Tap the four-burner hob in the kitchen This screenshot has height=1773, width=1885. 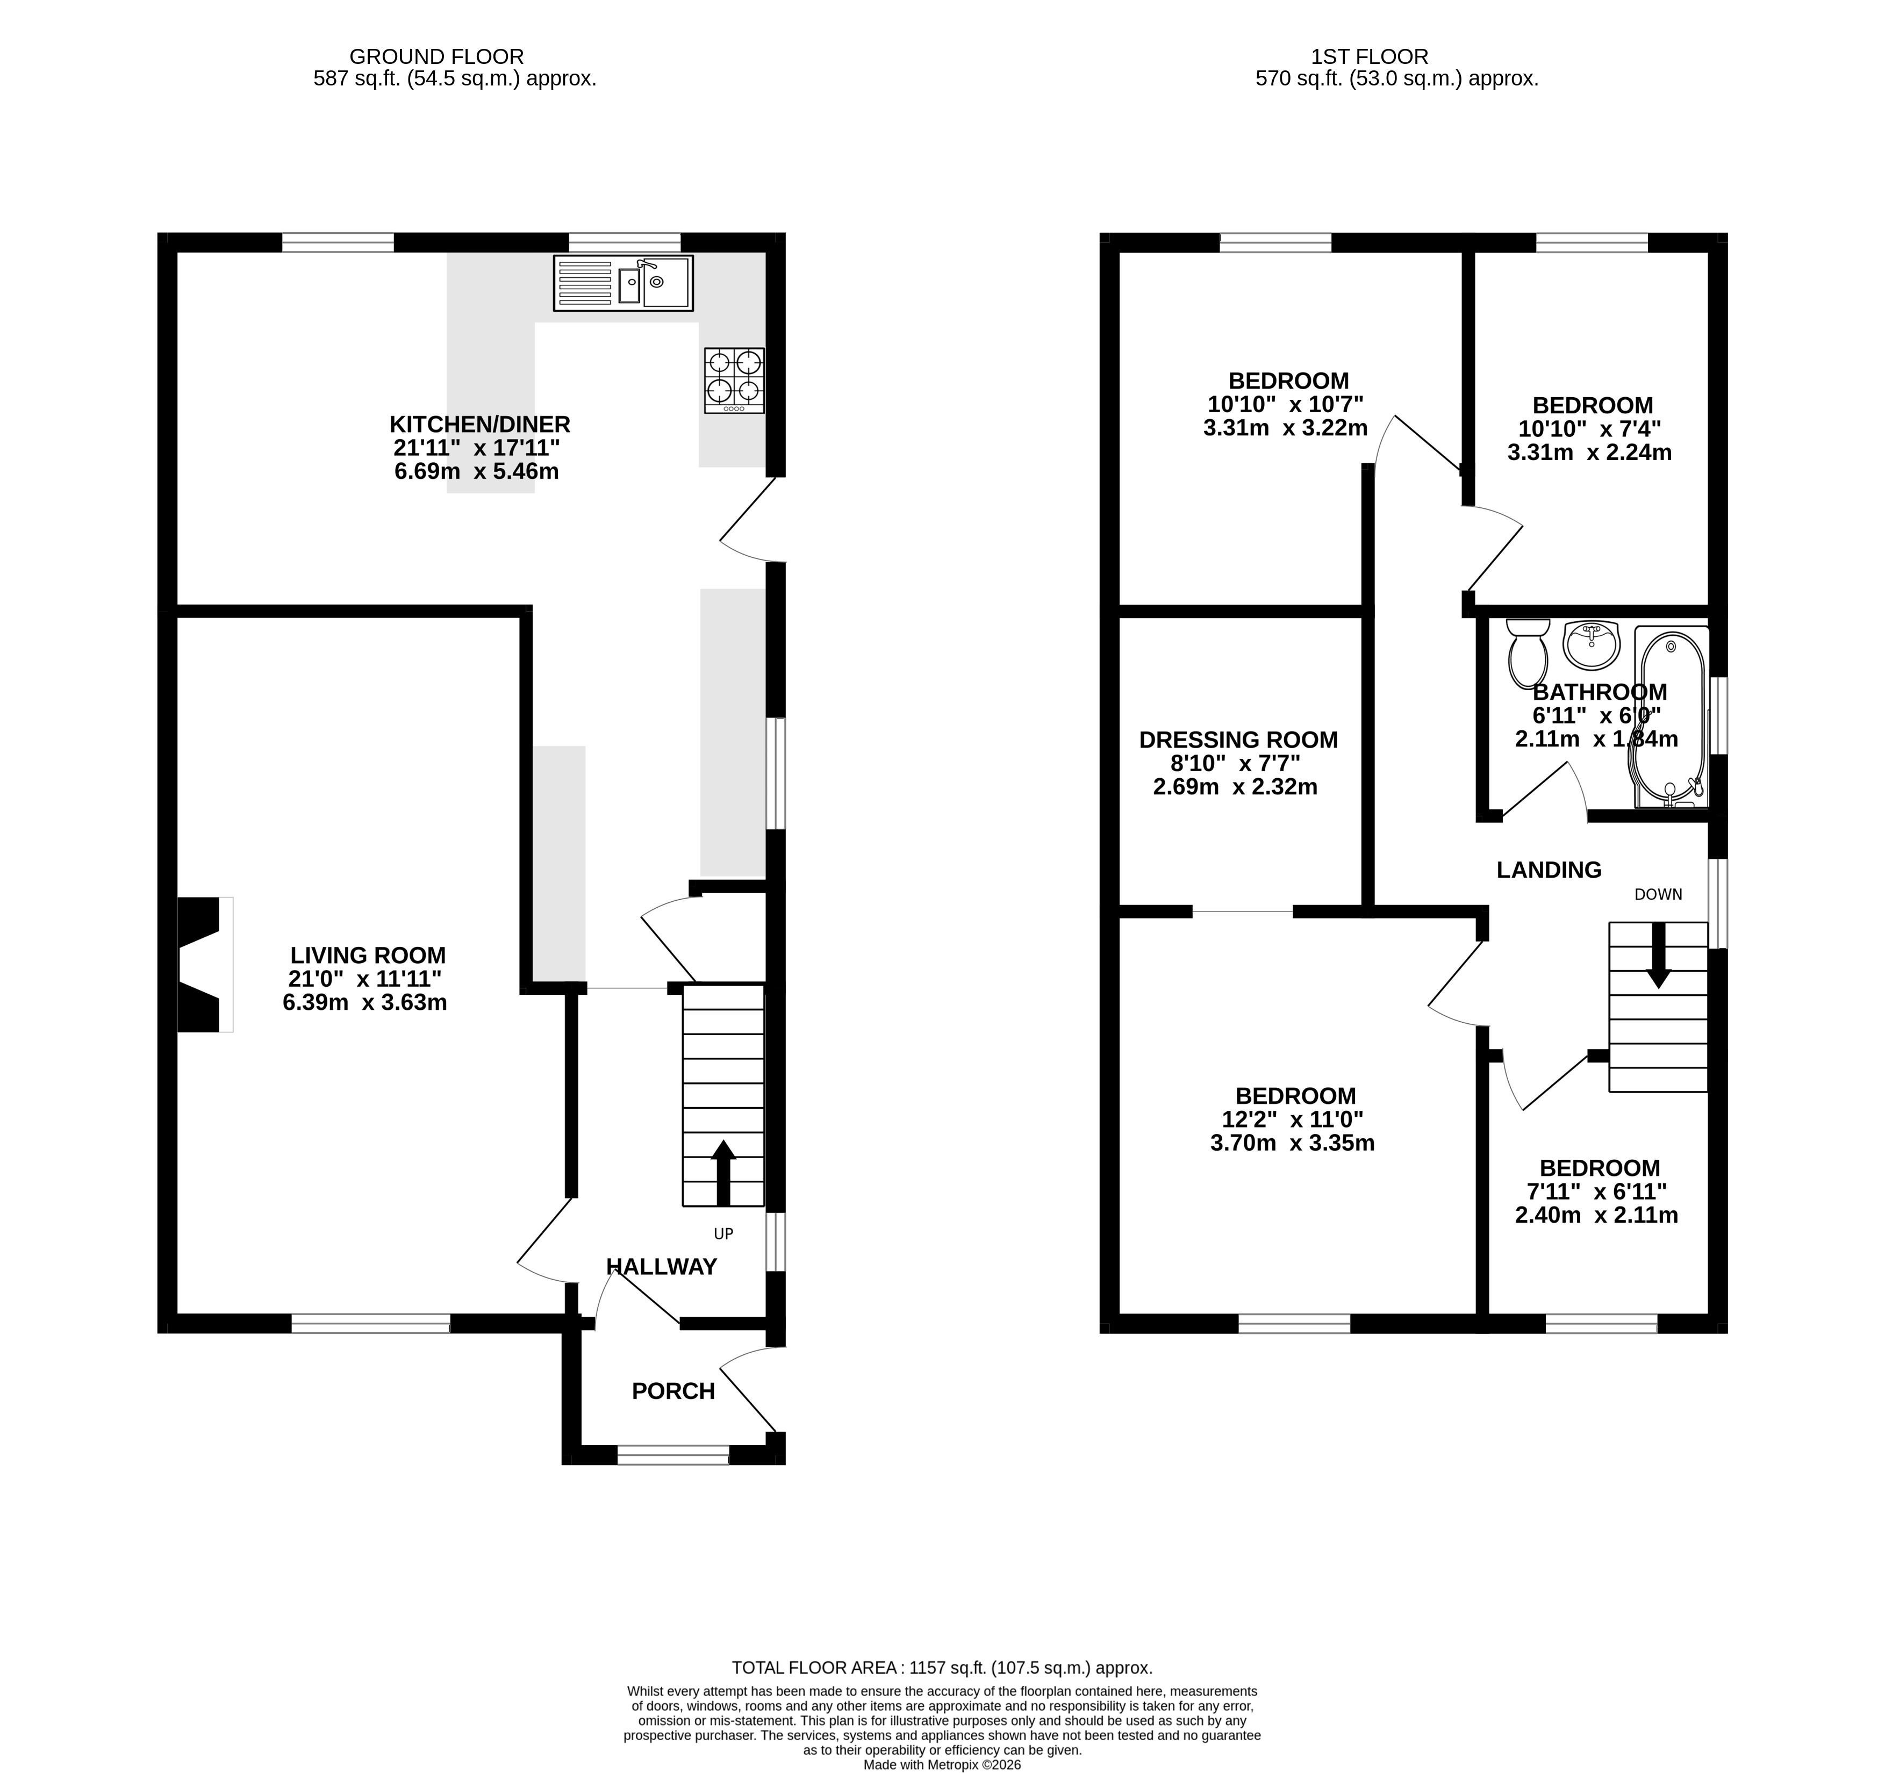(734, 380)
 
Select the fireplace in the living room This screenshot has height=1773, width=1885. (205, 964)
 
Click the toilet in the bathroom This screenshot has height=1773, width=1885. (1526, 654)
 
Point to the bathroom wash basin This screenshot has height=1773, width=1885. (1591, 645)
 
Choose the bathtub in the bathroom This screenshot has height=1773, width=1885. (1672, 717)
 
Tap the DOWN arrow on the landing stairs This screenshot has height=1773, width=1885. (1658, 956)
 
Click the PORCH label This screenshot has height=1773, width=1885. (673, 1391)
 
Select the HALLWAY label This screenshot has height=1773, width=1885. (661, 1267)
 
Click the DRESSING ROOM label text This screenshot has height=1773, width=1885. (1238, 740)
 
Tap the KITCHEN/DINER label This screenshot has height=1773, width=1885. (480, 424)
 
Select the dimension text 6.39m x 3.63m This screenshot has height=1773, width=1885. (365, 1002)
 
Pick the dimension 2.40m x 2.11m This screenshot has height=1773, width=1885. (1597, 1215)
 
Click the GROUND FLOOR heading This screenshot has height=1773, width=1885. (436, 57)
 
